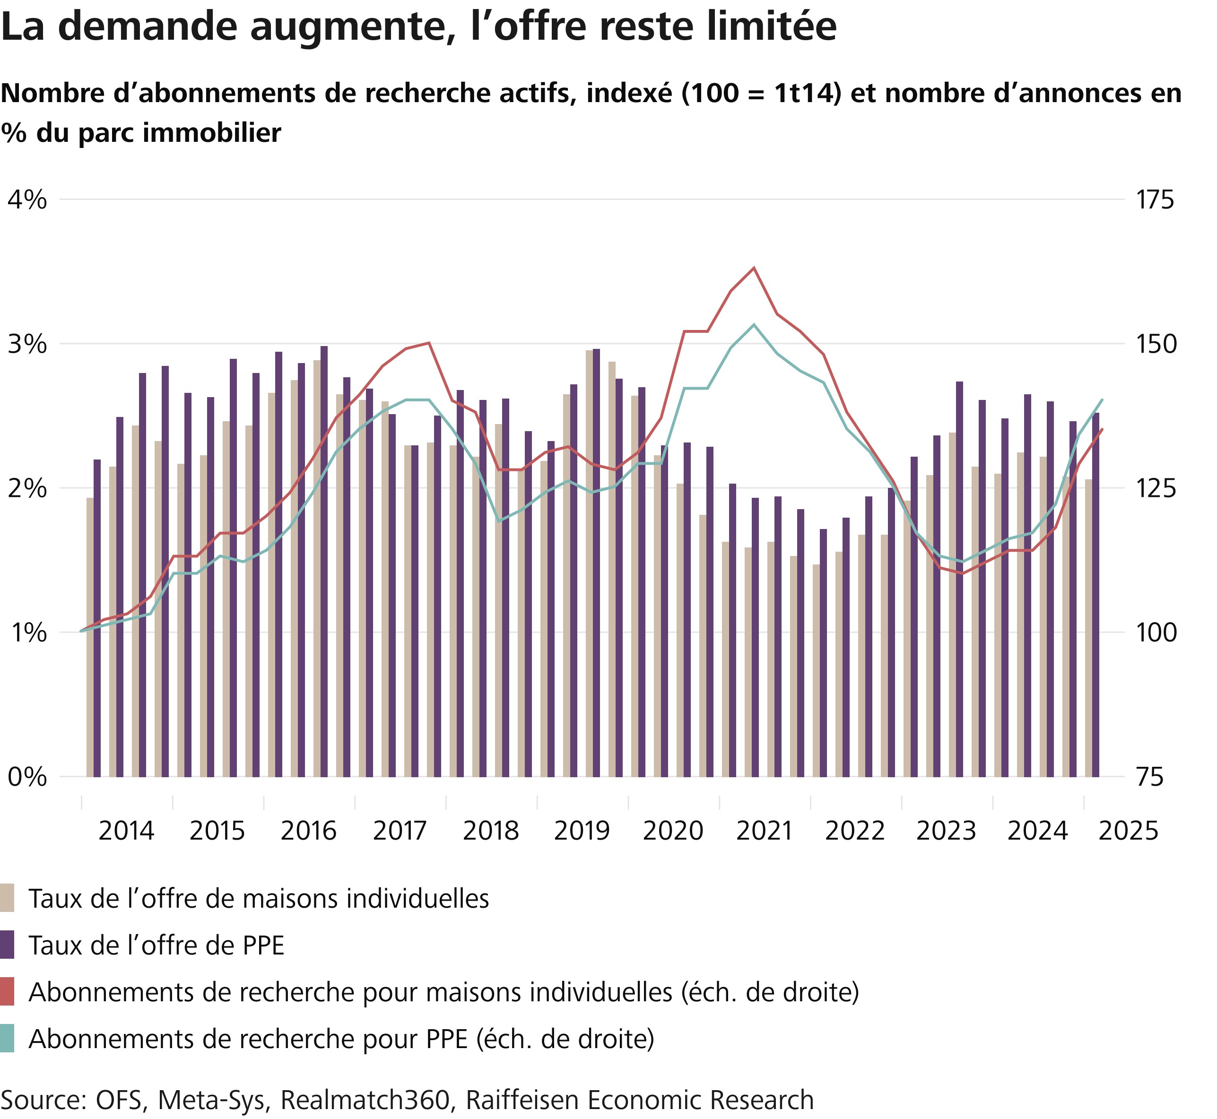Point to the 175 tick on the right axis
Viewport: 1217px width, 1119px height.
(x=1154, y=200)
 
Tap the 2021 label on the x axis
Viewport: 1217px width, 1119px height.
(x=764, y=831)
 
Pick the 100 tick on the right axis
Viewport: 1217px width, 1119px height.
(x=1154, y=633)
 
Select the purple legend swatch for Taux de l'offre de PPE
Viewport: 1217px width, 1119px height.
(x=7, y=945)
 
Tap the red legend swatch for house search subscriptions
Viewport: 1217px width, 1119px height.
(x=7, y=992)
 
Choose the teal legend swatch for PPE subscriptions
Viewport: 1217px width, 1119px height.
(x=7, y=1039)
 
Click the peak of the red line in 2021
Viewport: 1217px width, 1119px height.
(x=754, y=268)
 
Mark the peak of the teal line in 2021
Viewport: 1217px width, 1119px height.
(x=754, y=325)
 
